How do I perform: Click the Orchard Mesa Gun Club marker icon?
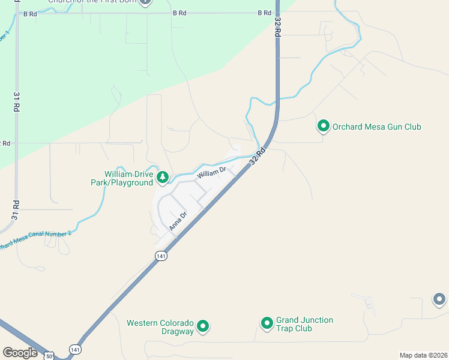[x=323, y=126]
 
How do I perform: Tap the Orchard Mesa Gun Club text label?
[x=376, y=127]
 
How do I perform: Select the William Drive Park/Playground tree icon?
[x=162, y=177]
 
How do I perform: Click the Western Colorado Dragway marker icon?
[x=203, y=327]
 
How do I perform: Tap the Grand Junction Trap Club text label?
[x=304, y=324]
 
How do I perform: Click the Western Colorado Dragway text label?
[x=160, y=327]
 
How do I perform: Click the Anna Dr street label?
[x=178, y=220]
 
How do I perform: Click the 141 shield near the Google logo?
[x=75, y=349]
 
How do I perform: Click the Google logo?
[x=20, y=353]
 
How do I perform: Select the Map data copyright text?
[x=424, y=355]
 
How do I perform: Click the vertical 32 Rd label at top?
[x=277, y=28]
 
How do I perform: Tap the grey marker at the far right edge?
[x=439, y=299]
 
